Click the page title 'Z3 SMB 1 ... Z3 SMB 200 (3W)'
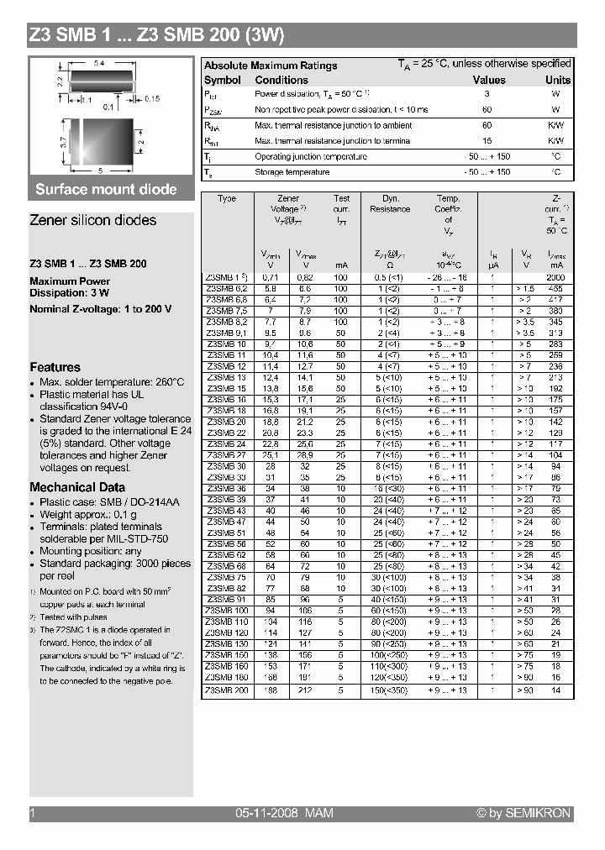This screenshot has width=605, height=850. [157, 35]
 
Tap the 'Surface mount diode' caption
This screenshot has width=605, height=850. [106, 189]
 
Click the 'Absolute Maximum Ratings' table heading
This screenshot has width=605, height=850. [271, 66]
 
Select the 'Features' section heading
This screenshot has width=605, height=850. [55, 367]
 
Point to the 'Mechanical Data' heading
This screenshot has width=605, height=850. [77, 487]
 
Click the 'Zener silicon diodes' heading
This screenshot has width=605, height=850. [92, 220]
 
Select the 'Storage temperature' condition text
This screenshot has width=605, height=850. [292, 172]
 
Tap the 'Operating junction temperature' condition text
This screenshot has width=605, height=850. [310, 156]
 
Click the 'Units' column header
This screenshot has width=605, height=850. [557, 80]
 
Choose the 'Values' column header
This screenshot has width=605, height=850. [489, 80]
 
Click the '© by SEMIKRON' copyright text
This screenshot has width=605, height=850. [523, 813]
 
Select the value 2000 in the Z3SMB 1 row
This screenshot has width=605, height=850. [555, 276]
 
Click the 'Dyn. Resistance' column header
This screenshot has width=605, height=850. [390, 204]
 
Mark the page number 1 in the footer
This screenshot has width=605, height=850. [32, 813]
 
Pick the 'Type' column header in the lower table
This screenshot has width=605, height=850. [227, 199]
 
